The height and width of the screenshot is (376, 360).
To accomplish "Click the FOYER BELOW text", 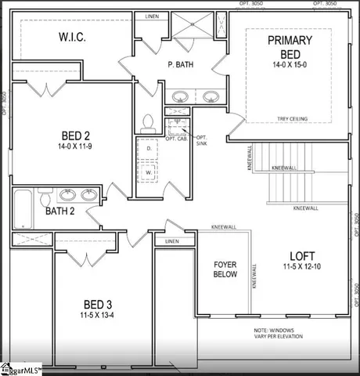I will (225, 269).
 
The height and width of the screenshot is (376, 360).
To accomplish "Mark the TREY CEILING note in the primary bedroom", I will (292, 119).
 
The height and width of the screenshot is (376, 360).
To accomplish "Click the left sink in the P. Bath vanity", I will (181, 98).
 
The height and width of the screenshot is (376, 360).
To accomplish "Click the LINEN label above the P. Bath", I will (151, 16).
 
